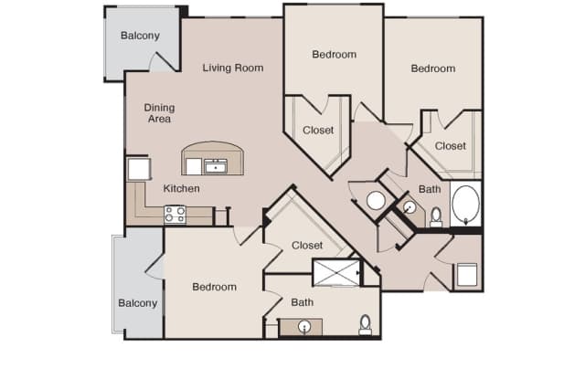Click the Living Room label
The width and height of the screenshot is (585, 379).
[233, 68]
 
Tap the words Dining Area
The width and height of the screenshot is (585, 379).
[159, 113]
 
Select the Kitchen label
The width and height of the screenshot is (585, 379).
[181, 188]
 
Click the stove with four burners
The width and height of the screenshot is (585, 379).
[175, 215]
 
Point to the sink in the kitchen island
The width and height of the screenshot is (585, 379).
[216, 166]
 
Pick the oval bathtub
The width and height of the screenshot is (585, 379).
[465, 204]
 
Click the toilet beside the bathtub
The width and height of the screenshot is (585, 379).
[436, 217]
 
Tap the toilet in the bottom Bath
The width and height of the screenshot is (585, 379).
[365, 325]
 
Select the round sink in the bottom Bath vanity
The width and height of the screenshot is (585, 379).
[304, 327]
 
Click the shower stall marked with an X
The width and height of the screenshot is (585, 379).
[336, 272]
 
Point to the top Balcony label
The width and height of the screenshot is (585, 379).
[140, 36]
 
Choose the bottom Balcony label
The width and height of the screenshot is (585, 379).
[138, 303]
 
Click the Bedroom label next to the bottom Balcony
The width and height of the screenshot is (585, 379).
[214, 287]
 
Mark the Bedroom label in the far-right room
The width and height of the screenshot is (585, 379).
[432, 68]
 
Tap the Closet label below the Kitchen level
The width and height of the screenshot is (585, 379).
[307, 246]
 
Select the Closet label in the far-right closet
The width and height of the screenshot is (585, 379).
[451, 146]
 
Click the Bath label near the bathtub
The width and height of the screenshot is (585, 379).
[430, 189]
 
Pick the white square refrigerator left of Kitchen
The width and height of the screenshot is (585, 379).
[139, 169]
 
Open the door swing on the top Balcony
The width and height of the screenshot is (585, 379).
[163, 61]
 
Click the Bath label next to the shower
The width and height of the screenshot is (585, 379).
[303, 302]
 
